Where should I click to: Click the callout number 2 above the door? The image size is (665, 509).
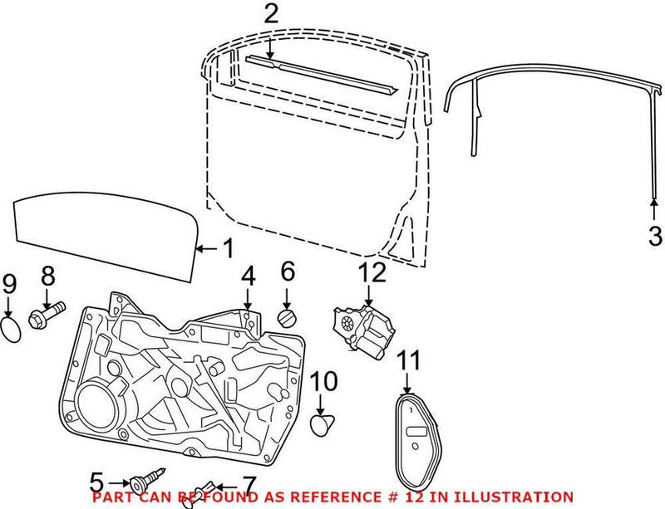point(271,14)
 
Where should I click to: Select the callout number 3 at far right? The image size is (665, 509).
point(655,236)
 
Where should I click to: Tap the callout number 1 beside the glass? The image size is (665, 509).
point(228,248)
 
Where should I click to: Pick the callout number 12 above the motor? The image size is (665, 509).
point(372,272)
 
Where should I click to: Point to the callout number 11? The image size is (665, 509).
point(409,360)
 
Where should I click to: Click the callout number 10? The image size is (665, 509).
point(324,381)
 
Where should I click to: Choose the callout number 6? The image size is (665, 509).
point(288,272)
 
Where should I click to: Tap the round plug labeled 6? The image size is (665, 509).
point(287,318)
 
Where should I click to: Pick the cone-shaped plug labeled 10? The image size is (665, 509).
point(322,424)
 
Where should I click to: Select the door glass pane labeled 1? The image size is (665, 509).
point(106,236)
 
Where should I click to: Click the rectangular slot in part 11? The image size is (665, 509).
point(416,432)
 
